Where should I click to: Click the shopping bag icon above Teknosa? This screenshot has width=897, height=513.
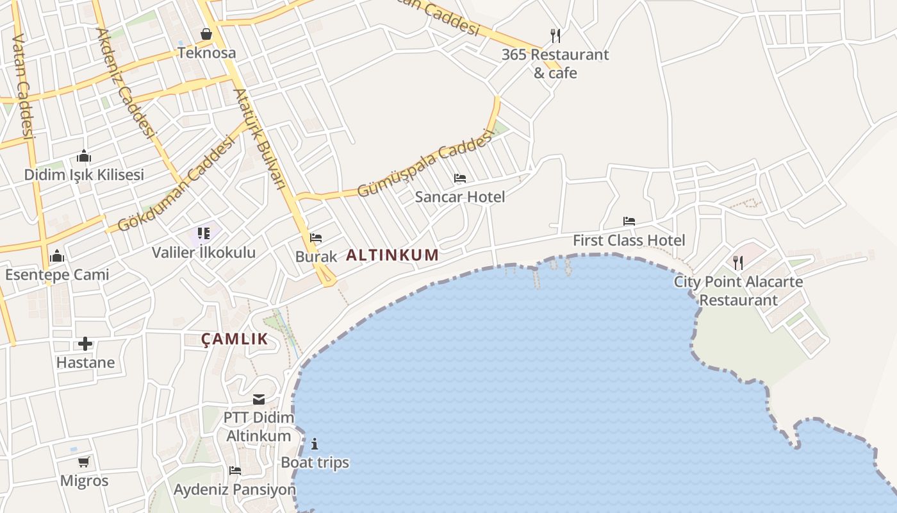(x=206, y=33)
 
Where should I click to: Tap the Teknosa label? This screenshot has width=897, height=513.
(x=206, y=53)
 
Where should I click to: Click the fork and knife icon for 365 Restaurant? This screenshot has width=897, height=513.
(x=555, y=35)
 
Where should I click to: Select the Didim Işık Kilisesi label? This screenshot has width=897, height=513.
(x=84, y=174)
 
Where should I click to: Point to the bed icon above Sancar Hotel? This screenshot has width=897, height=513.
(x=460, y=178)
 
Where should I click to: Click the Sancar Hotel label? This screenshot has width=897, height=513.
(x=460, y=197)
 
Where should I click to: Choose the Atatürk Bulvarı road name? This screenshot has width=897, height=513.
(x=259, y=138)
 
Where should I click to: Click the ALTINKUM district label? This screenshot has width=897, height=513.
(x=393, y=255)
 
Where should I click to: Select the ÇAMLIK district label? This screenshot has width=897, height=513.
(x=235, y=339)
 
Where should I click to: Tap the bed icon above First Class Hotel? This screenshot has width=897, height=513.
(x=629, y=221)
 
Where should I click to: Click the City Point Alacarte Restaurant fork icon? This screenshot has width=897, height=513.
(x=738, y=262)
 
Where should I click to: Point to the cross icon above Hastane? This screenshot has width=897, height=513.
(x=85, y=344)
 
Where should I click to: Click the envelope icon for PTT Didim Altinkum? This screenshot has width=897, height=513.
(x=259, y=399)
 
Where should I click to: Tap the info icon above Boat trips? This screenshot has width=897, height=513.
(x=315, y=444)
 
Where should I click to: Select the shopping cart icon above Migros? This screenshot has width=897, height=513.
(x=84, y=462)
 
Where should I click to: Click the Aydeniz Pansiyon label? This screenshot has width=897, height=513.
(x=235, y=490)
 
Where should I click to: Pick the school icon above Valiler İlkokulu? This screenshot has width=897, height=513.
(x=204, y=233)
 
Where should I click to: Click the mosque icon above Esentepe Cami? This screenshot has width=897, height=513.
(x=57, y=256)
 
